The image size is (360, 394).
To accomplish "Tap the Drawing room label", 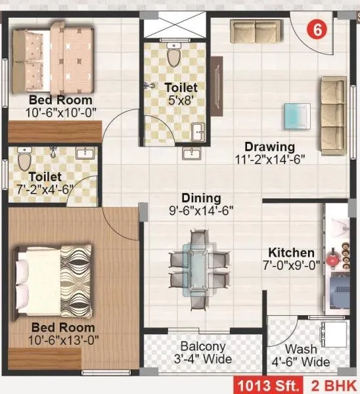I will [269, 146].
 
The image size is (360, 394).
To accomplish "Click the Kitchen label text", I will [291, 253].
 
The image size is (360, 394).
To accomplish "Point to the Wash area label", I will [300, 349].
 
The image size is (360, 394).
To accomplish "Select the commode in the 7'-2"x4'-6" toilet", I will [24, 158].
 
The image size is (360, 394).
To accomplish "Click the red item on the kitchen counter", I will [332, 258].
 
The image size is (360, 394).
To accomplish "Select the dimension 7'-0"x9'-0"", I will [291, 266].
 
